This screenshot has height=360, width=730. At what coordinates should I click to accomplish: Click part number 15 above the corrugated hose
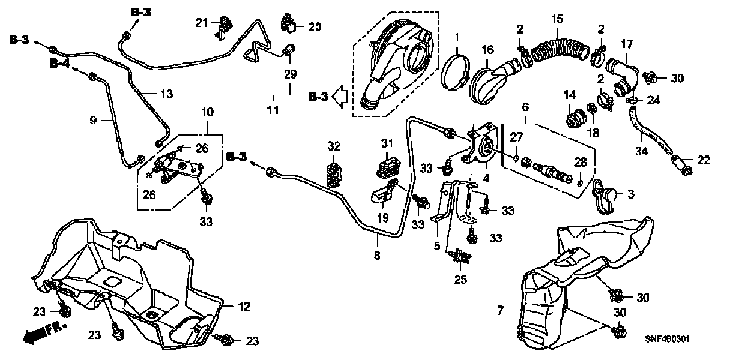(x=558, y=19)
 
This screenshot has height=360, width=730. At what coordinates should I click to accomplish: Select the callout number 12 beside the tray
(x=243, y=307)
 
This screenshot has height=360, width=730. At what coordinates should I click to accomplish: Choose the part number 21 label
(x=201, y=22)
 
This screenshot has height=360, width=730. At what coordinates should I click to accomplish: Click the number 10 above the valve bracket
(x=207, y=112)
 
